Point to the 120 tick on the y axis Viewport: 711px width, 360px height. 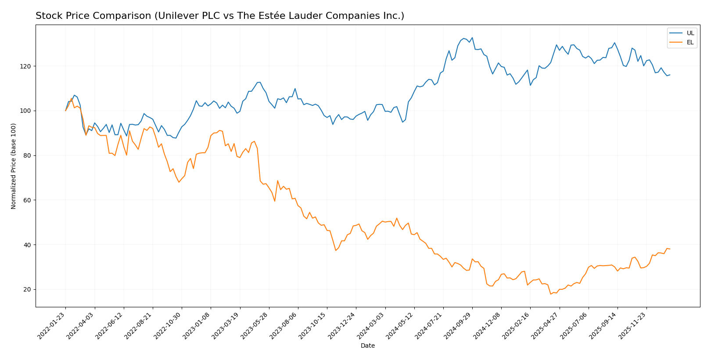pos(27,66)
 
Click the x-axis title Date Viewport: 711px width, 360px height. pos(367,346)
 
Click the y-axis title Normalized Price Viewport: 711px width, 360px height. pos(14,166)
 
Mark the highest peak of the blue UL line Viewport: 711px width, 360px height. pos(472,38)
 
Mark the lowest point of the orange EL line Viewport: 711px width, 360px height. pos(551,294)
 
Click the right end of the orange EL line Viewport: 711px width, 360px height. pos(670,249)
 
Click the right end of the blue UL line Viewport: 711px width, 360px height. pos(670,75)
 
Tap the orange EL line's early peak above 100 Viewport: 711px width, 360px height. pos(72,99)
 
